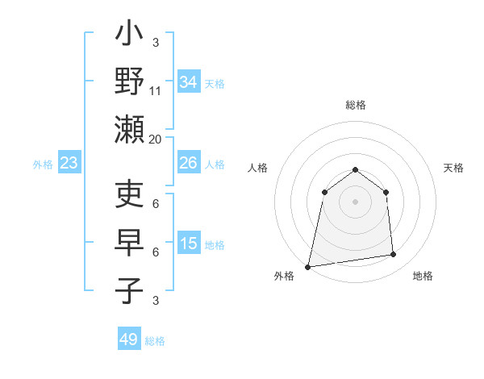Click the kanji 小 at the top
pos(129,36)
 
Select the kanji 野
pos(129,82)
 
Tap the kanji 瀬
pos(129,130)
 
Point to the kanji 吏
pos(129,195)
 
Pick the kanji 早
pos(129,243)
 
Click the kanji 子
pos(129,290)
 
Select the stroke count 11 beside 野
pos(156,91)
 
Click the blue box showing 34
pos(188,82)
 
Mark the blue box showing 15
pos(188,244)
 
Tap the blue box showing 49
pos(129,339)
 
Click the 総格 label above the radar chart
pos(355,105)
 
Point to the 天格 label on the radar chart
pos(453,168)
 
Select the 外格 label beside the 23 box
pos(43,165)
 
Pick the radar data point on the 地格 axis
pos(394,255)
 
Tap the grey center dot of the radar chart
pos(355,201)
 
